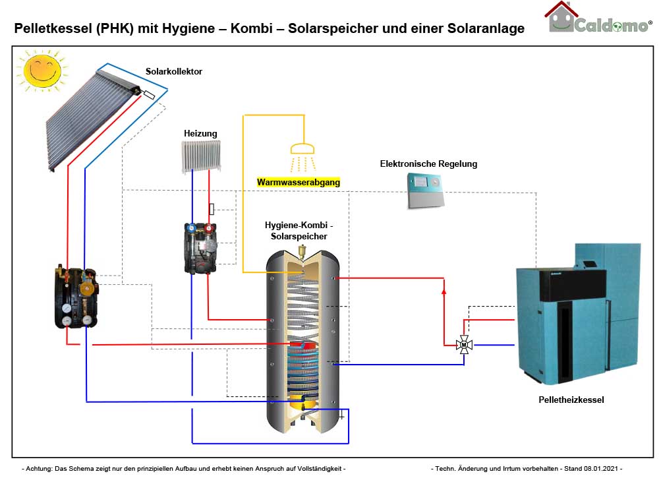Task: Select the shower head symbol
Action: [x=303, y=148]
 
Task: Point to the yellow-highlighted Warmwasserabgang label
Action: [x=299, y=182]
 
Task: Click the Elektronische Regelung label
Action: [x=428, y=164]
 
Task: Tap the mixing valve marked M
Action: [x=464, y=344]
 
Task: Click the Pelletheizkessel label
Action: [x=571, y=400]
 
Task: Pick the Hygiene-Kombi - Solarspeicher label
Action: [x=299, y=231]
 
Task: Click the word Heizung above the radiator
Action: [x=200, y=133]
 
